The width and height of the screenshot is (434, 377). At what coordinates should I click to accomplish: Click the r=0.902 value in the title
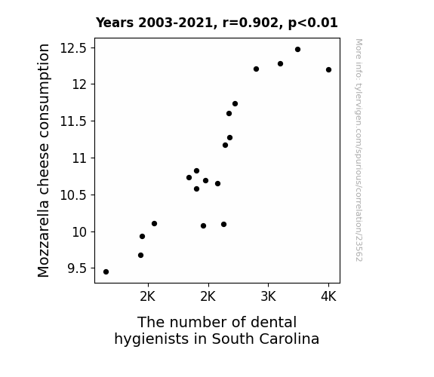251,23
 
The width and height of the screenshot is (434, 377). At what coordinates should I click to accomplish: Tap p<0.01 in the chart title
313,23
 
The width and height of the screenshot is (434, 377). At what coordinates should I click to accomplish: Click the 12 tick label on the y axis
80,84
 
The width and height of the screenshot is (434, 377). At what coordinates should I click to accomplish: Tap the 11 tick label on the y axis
80,158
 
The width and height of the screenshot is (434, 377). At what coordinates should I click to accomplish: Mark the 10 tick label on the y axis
80,231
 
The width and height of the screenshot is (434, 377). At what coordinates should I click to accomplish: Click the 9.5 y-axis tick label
77,268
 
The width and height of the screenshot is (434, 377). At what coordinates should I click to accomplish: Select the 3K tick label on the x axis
268,296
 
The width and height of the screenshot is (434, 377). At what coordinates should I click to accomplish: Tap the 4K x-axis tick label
328,296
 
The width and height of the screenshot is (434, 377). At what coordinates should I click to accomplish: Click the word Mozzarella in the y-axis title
44,238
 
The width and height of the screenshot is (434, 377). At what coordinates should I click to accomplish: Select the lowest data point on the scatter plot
106,272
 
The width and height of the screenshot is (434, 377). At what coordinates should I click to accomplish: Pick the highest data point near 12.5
298,50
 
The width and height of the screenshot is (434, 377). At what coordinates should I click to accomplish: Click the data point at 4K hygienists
328,69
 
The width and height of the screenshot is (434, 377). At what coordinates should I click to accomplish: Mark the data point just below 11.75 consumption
235,104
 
